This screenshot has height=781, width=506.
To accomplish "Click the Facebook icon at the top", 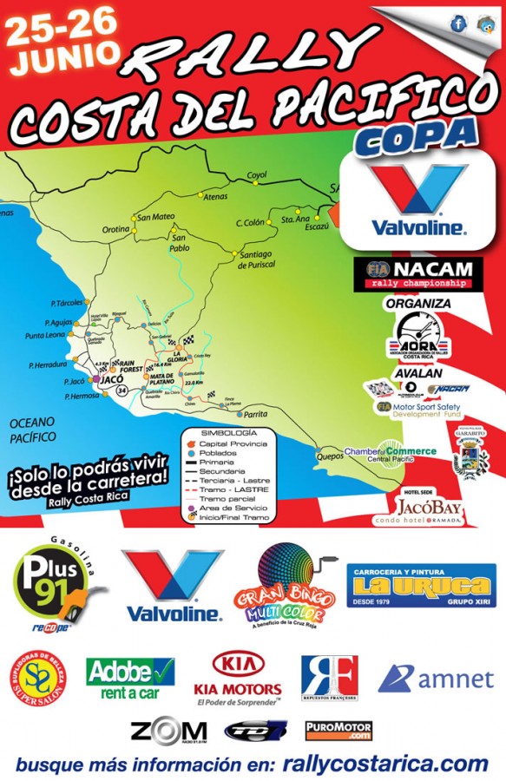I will (458, 24).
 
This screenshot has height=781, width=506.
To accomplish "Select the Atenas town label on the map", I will (214, 197).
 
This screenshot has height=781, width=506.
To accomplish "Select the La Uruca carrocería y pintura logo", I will (421, 585).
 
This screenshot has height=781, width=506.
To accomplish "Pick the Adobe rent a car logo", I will (129, 678).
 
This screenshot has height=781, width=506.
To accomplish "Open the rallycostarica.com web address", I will (385, 763).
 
